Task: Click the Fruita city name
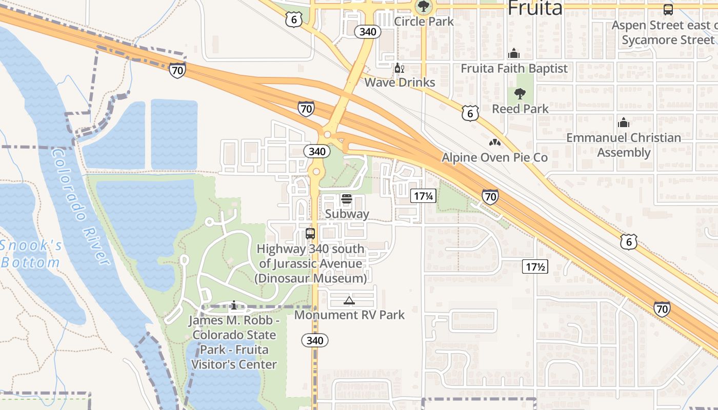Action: [535, 8]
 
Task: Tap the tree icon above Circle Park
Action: [423, 7]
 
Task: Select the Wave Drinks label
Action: [400, 82]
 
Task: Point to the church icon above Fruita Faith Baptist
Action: [513, 53]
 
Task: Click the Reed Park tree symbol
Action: [520, 94]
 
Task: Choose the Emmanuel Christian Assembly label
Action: [624, 145]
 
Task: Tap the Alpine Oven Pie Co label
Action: [495, 157]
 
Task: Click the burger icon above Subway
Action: [346, 199]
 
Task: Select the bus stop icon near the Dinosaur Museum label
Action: [310, 234]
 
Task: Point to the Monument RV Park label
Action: [349, 315]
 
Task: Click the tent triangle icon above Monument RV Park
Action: [349, 300]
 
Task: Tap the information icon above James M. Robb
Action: [234, 305]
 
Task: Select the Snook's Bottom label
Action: [31, 254]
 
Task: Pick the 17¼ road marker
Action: [423, 195]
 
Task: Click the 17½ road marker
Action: [535, 266]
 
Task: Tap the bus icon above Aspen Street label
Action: [668, 9]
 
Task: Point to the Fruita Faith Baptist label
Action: [514, 68]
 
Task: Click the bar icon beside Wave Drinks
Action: [398, 68]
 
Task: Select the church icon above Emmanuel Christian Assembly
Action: [624, 122]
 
